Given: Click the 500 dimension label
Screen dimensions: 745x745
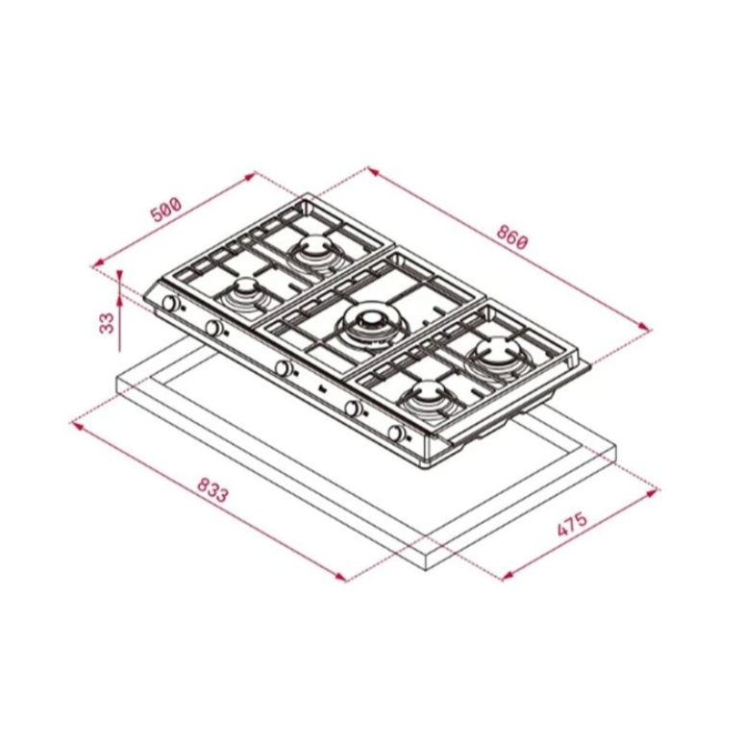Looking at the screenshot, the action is (x=166, y=209).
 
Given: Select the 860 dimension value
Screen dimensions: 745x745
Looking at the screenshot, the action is (x=512, y=236).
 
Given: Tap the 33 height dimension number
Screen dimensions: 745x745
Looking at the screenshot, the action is (x=108, y=323).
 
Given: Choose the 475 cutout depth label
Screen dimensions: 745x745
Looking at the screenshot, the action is (x=572, y=524).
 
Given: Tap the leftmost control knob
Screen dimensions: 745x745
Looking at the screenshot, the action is (x=170, y=303).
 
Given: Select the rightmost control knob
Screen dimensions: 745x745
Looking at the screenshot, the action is (x=396, y=433).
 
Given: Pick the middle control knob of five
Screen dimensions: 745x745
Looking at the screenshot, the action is (x=284, y=368).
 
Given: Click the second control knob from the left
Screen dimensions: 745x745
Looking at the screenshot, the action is (x=213, y=328).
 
